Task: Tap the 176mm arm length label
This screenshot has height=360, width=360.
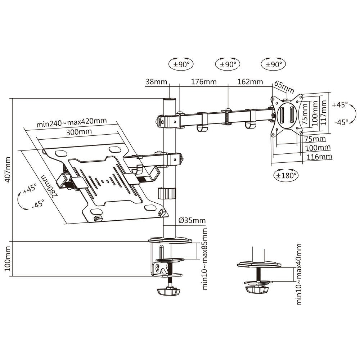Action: click(x=203, y=82)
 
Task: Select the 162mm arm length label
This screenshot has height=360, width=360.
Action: click(x=250, y=82)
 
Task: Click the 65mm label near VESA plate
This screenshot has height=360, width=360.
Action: click(x=284, y=86)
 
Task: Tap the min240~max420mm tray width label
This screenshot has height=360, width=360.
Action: click(x=71, y=122)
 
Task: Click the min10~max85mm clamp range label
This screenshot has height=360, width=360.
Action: click(x=205, y=258)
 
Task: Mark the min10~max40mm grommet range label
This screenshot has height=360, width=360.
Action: click(x=299, y=274)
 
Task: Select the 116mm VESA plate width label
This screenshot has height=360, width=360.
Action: click(x=319, y=157)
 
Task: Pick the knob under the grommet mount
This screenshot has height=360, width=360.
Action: click(x=257, y=289)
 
